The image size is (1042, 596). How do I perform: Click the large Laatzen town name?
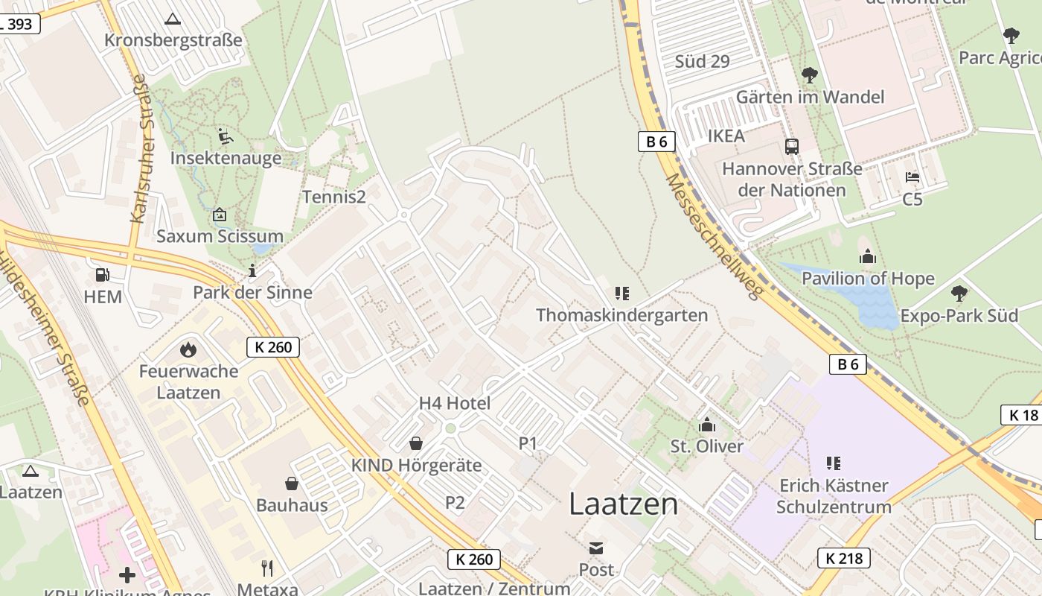click(624, 504)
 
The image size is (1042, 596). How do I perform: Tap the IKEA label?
click(726, 136)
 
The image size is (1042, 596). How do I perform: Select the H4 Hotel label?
click(455, 404)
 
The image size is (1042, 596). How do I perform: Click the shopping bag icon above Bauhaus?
click(292, 484)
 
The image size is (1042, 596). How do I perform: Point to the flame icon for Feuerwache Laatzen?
click(188, 349)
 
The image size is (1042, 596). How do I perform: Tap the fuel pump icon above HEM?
click(103, 275)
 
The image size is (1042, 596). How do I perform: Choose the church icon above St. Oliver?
click(706, 425)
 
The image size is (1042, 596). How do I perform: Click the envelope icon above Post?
click(596, 548)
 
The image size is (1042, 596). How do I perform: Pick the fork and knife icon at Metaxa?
click(267, 568)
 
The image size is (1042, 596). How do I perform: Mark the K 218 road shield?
click(844, 557)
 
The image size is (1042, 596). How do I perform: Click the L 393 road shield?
click(18, 24)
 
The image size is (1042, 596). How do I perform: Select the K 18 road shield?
click(1023, 415)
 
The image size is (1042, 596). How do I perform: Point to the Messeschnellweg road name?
click(713, 236)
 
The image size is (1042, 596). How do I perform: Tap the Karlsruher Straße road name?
click(141, 148)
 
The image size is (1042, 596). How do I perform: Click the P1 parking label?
click(528, 443)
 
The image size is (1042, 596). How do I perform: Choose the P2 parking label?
click(455, 503)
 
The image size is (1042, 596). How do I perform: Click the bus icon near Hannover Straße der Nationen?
click(792, 147)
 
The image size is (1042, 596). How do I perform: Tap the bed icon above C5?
click(912, 177)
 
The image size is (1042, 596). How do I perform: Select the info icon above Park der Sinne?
click(252, 270)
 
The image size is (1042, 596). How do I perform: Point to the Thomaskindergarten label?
click(621, 314)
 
